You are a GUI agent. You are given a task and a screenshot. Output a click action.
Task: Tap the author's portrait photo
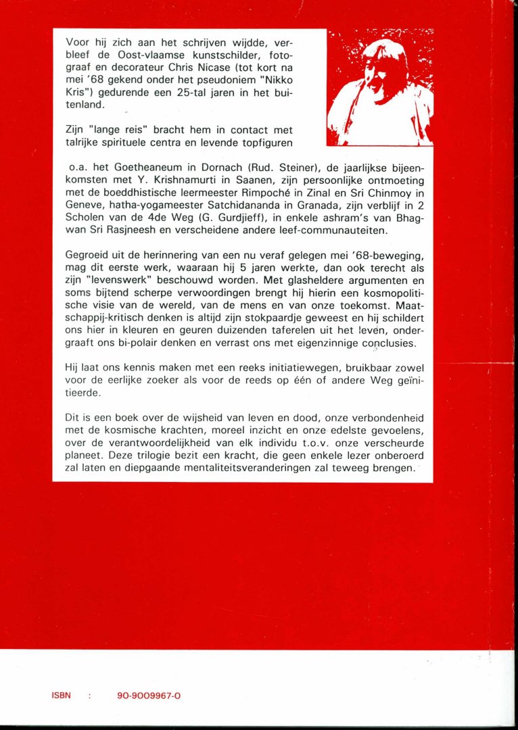(x=379, y=87)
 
